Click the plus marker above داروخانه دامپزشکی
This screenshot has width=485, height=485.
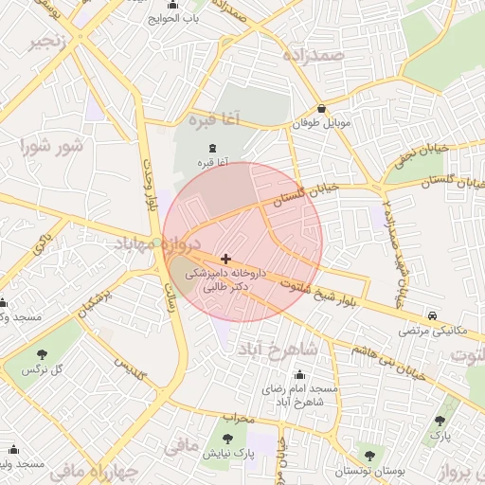point(225,259)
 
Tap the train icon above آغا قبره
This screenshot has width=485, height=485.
point(211,149)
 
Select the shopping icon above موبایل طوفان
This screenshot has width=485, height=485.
point(322,109)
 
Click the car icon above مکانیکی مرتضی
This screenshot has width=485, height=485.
point(432,314)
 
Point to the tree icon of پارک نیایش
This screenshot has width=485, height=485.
point(226,439)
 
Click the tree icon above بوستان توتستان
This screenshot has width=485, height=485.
point(369,457)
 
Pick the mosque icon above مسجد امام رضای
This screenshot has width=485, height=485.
point(299,375)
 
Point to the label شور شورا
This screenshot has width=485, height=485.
point(53,146)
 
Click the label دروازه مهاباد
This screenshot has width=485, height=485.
point(142,245)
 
